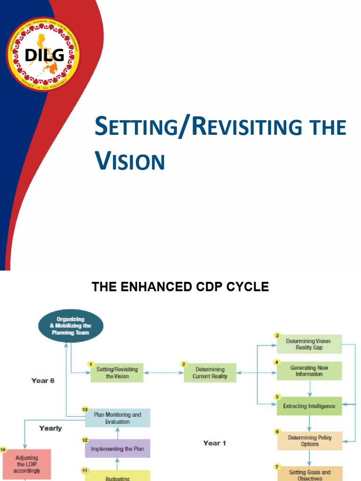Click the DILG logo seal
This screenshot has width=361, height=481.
tap(43, 54)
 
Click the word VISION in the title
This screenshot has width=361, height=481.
tap(130, 161)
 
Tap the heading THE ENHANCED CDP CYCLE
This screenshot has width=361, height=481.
tap(180, 287)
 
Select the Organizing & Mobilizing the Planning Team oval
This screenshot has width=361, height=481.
tap(71, 326)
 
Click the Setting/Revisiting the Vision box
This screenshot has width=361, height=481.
tap(117, 373)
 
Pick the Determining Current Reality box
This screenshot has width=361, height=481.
tap(210, 373)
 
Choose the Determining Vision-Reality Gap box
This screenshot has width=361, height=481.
tap(309, 344)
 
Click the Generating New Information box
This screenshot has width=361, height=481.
tap(309, 371)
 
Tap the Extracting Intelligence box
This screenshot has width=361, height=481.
tap(309, 406)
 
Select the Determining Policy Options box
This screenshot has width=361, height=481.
tap(309, 441)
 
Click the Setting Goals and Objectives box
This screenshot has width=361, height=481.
tap(309, 473)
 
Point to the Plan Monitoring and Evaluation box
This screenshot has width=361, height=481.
tap(117, 418)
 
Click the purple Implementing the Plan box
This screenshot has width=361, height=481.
tap(117, 449)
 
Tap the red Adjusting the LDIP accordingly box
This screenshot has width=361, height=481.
tap(26, 464)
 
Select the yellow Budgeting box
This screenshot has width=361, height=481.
tap(117, 476)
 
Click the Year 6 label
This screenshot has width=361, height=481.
tap(43, 380)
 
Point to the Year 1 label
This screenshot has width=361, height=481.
tap(214, 443)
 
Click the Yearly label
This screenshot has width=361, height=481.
tap(50, 428)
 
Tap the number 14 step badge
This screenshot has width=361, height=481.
tap(3, 450)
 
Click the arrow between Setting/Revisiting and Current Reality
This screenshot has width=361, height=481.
tap(163, 373)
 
